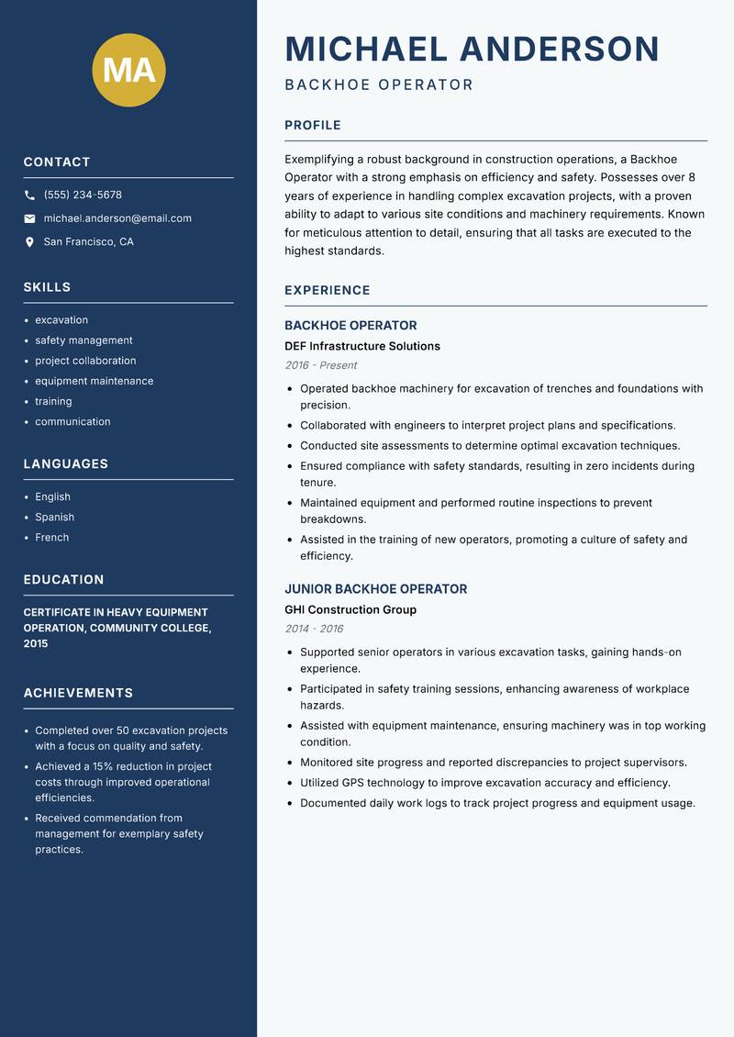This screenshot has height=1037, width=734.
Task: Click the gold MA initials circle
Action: coord(128,70)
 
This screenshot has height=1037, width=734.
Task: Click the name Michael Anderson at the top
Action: coord(472,49)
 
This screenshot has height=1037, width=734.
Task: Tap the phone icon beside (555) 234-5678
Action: coord(29,195)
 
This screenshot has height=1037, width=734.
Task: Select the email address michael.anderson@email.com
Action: coord(117,218)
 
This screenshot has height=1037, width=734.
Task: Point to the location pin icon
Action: coord(29,242)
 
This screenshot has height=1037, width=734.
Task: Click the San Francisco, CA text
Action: coord(88,242)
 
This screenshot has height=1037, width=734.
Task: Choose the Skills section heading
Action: coord(47,287)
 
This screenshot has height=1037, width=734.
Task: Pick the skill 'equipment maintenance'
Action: coord(94,381)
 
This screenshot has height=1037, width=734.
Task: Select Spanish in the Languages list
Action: coord(54,518)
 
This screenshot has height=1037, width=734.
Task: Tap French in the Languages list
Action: coord(51,538)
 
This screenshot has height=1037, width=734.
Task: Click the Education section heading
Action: coord(63,580)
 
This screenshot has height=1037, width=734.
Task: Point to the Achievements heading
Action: coord(78,693)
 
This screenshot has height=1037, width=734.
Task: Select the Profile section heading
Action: coord(312,126)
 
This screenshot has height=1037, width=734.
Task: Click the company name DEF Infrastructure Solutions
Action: coord(362,347)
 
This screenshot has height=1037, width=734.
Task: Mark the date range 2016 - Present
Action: coord(320,365)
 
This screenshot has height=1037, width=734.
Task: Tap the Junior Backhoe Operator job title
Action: coord(375,589)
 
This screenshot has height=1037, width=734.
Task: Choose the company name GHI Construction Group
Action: coord(350,610)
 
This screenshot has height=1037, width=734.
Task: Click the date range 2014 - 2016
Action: coord(314,629)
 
